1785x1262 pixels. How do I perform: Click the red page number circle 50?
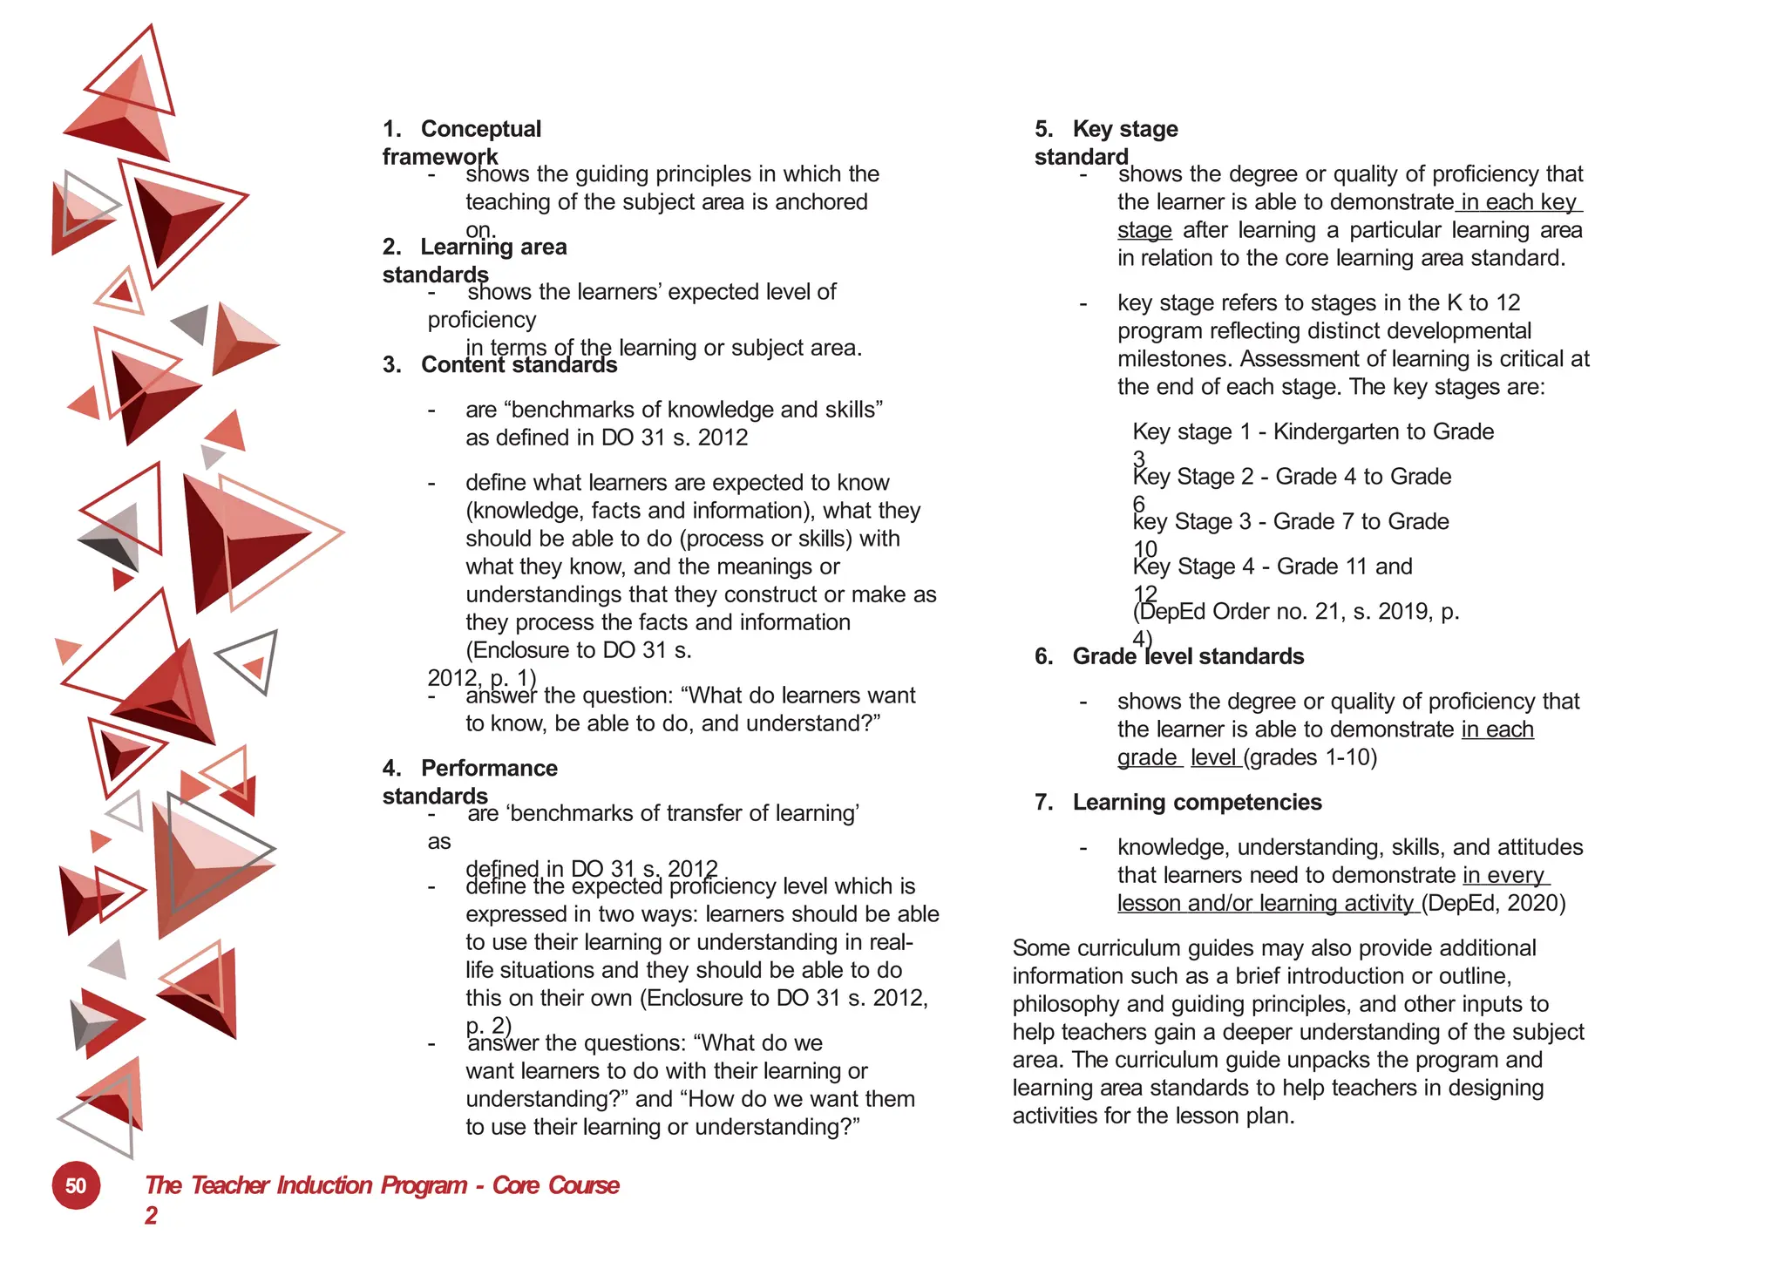(x=76, y=1185)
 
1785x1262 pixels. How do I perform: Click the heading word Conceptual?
(x=480, y=129)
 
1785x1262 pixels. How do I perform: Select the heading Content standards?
(x=519, y=364)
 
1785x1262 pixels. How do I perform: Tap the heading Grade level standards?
(x=1187, y=656)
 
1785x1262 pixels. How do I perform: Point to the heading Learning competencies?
(x=1197, y=802)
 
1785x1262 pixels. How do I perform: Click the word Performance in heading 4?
(x=489, y=768)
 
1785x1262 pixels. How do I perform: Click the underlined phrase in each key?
(x=1518, y=202)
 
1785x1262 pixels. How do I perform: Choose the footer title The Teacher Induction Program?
(x=306, y=1185)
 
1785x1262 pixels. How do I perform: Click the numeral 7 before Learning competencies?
(x=1042, y=802)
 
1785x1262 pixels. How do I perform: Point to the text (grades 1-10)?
(x=1311, y=757)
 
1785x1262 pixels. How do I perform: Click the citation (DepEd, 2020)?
(x=1494, y=903)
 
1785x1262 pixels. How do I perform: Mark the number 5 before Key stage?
(x=1042, y=129)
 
